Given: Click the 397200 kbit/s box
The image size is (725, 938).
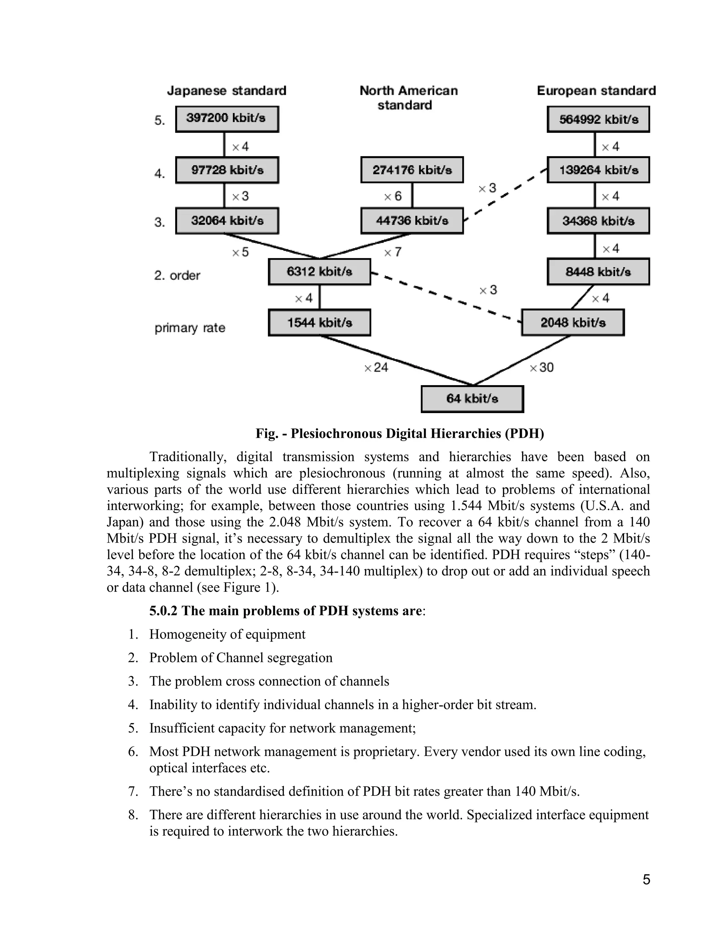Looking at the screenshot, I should pyautogui.click(x=227, y=119).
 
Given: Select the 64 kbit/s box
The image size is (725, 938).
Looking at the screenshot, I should pyautogui.click(x=472, y=399).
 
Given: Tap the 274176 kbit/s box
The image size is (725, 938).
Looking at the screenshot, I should pyautogui.click(x=412, y=170).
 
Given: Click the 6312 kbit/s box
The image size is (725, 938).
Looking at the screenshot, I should pyautogui.click(x=319, y=272).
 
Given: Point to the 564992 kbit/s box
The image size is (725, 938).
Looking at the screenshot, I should pyautogui.click(x=598, y=119).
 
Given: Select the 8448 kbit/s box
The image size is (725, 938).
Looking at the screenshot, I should pyautogui.click(x=598, y=272).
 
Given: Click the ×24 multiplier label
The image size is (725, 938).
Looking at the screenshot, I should pyautogui.click(x=376, y=368).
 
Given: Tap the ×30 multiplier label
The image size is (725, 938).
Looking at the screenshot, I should pyautogui.click(x=542, y=368).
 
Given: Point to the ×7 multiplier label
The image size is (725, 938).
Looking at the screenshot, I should pyautogui.click(x=393, y=252).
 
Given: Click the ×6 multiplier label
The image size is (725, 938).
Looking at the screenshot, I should pyautogui.click(x=393, y=196).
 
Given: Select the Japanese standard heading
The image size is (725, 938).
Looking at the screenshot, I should pyautogui.click(x=226, y=91).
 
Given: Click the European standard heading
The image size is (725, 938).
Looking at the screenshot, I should pyautogui.click(x=596, y=91).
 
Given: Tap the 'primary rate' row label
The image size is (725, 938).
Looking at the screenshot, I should pyautogui.click(x=190, y=328).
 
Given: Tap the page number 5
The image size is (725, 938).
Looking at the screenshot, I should pyautogui.click(x=646, y=880).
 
